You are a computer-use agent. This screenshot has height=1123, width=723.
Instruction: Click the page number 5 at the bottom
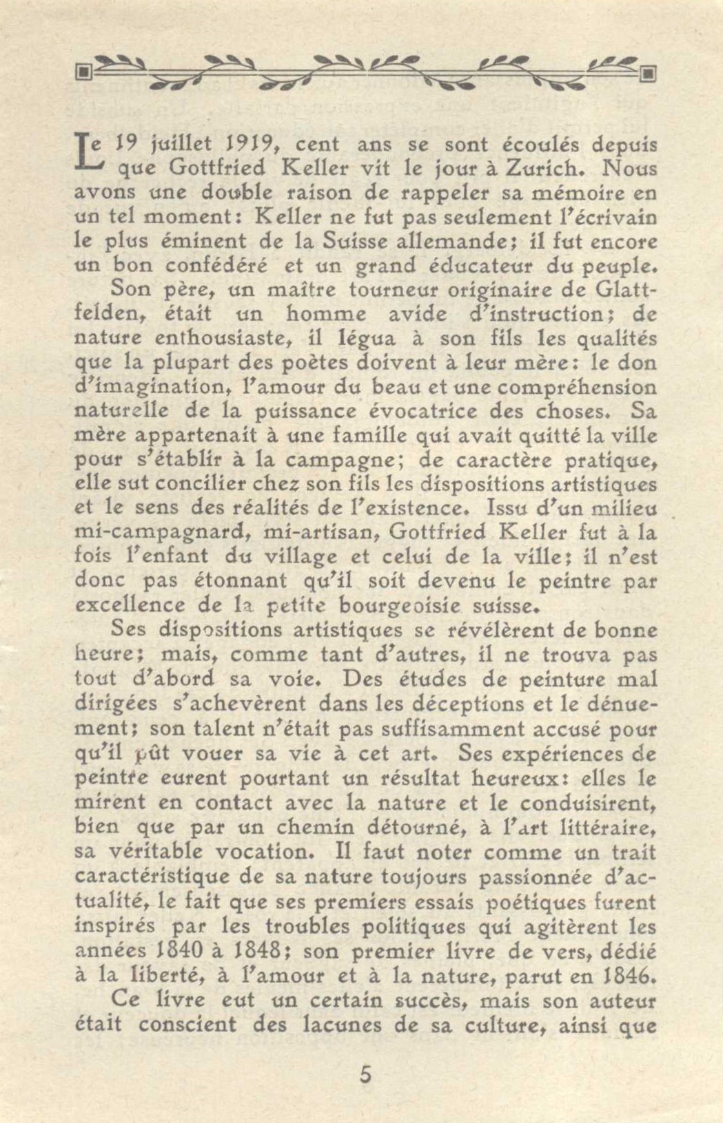pos(365,1074)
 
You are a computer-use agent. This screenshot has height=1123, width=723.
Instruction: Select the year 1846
pos(627,975)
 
